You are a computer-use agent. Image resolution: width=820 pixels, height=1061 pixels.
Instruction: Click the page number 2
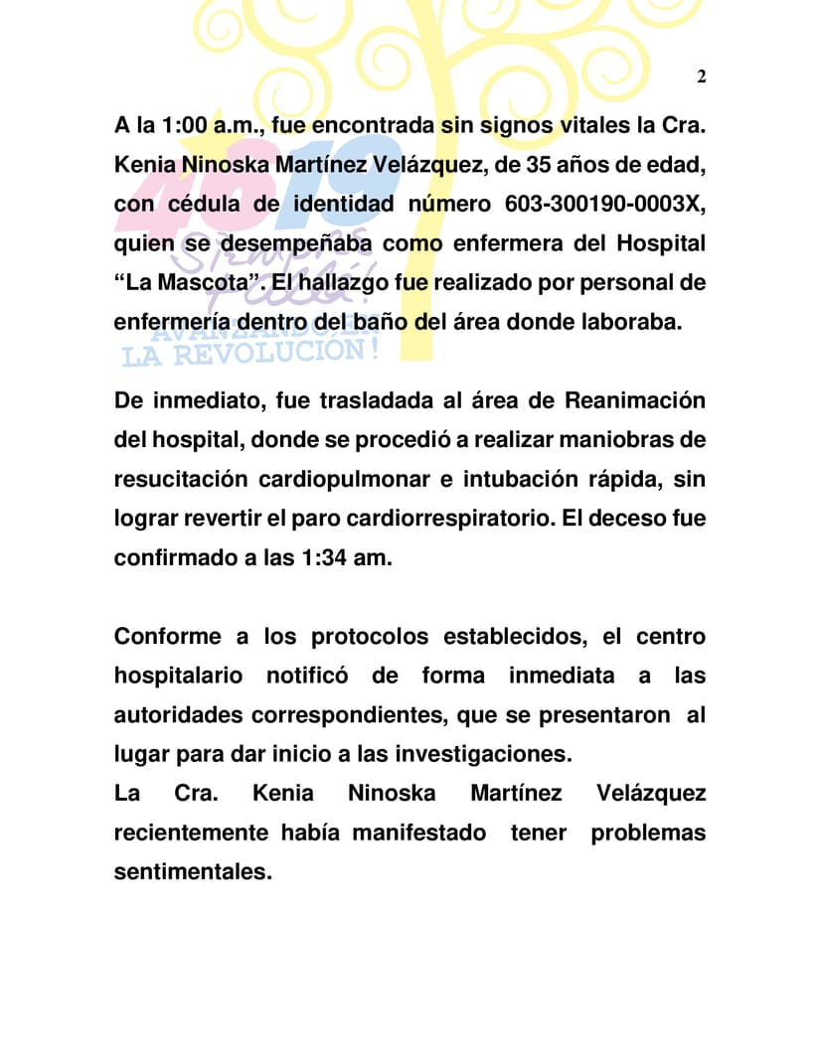[701, 76]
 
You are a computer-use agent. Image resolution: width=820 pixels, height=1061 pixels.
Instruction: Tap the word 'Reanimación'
[635, 400]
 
